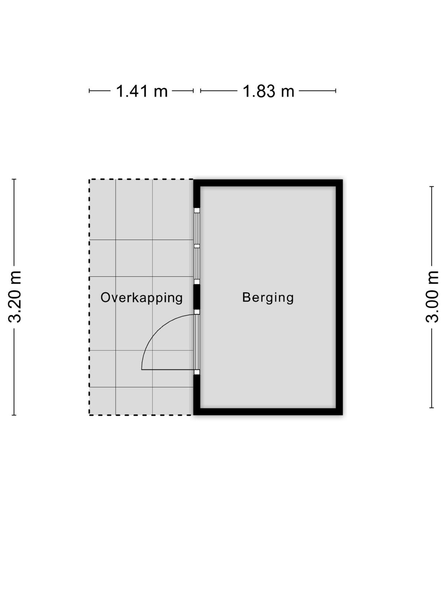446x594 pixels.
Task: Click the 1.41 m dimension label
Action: (142, 91)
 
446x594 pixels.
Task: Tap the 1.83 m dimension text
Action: (268, 91)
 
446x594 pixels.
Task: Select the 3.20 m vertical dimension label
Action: (14, 297)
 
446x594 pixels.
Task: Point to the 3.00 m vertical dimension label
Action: (432, 297)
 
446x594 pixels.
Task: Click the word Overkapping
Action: (142, 297)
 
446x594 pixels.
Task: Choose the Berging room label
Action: (268, 297)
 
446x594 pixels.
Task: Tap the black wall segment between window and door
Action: (197, 297)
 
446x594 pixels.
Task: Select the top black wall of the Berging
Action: (268, 183)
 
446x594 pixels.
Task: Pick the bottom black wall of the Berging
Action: (268, 412)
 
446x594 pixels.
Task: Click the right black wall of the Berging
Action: (339, 297)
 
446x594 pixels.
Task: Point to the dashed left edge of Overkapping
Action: (89, 297)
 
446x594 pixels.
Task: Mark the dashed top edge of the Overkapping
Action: (141, 179)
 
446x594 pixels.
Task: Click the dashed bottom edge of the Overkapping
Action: (141, 415)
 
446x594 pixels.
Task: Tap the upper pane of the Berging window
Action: (197, 228)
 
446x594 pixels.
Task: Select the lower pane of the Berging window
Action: (197, 264)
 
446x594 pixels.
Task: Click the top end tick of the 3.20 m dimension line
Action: (14, 179)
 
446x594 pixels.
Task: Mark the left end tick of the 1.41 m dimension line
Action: (89, 91)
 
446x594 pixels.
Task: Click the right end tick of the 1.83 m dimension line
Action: (336, 91)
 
